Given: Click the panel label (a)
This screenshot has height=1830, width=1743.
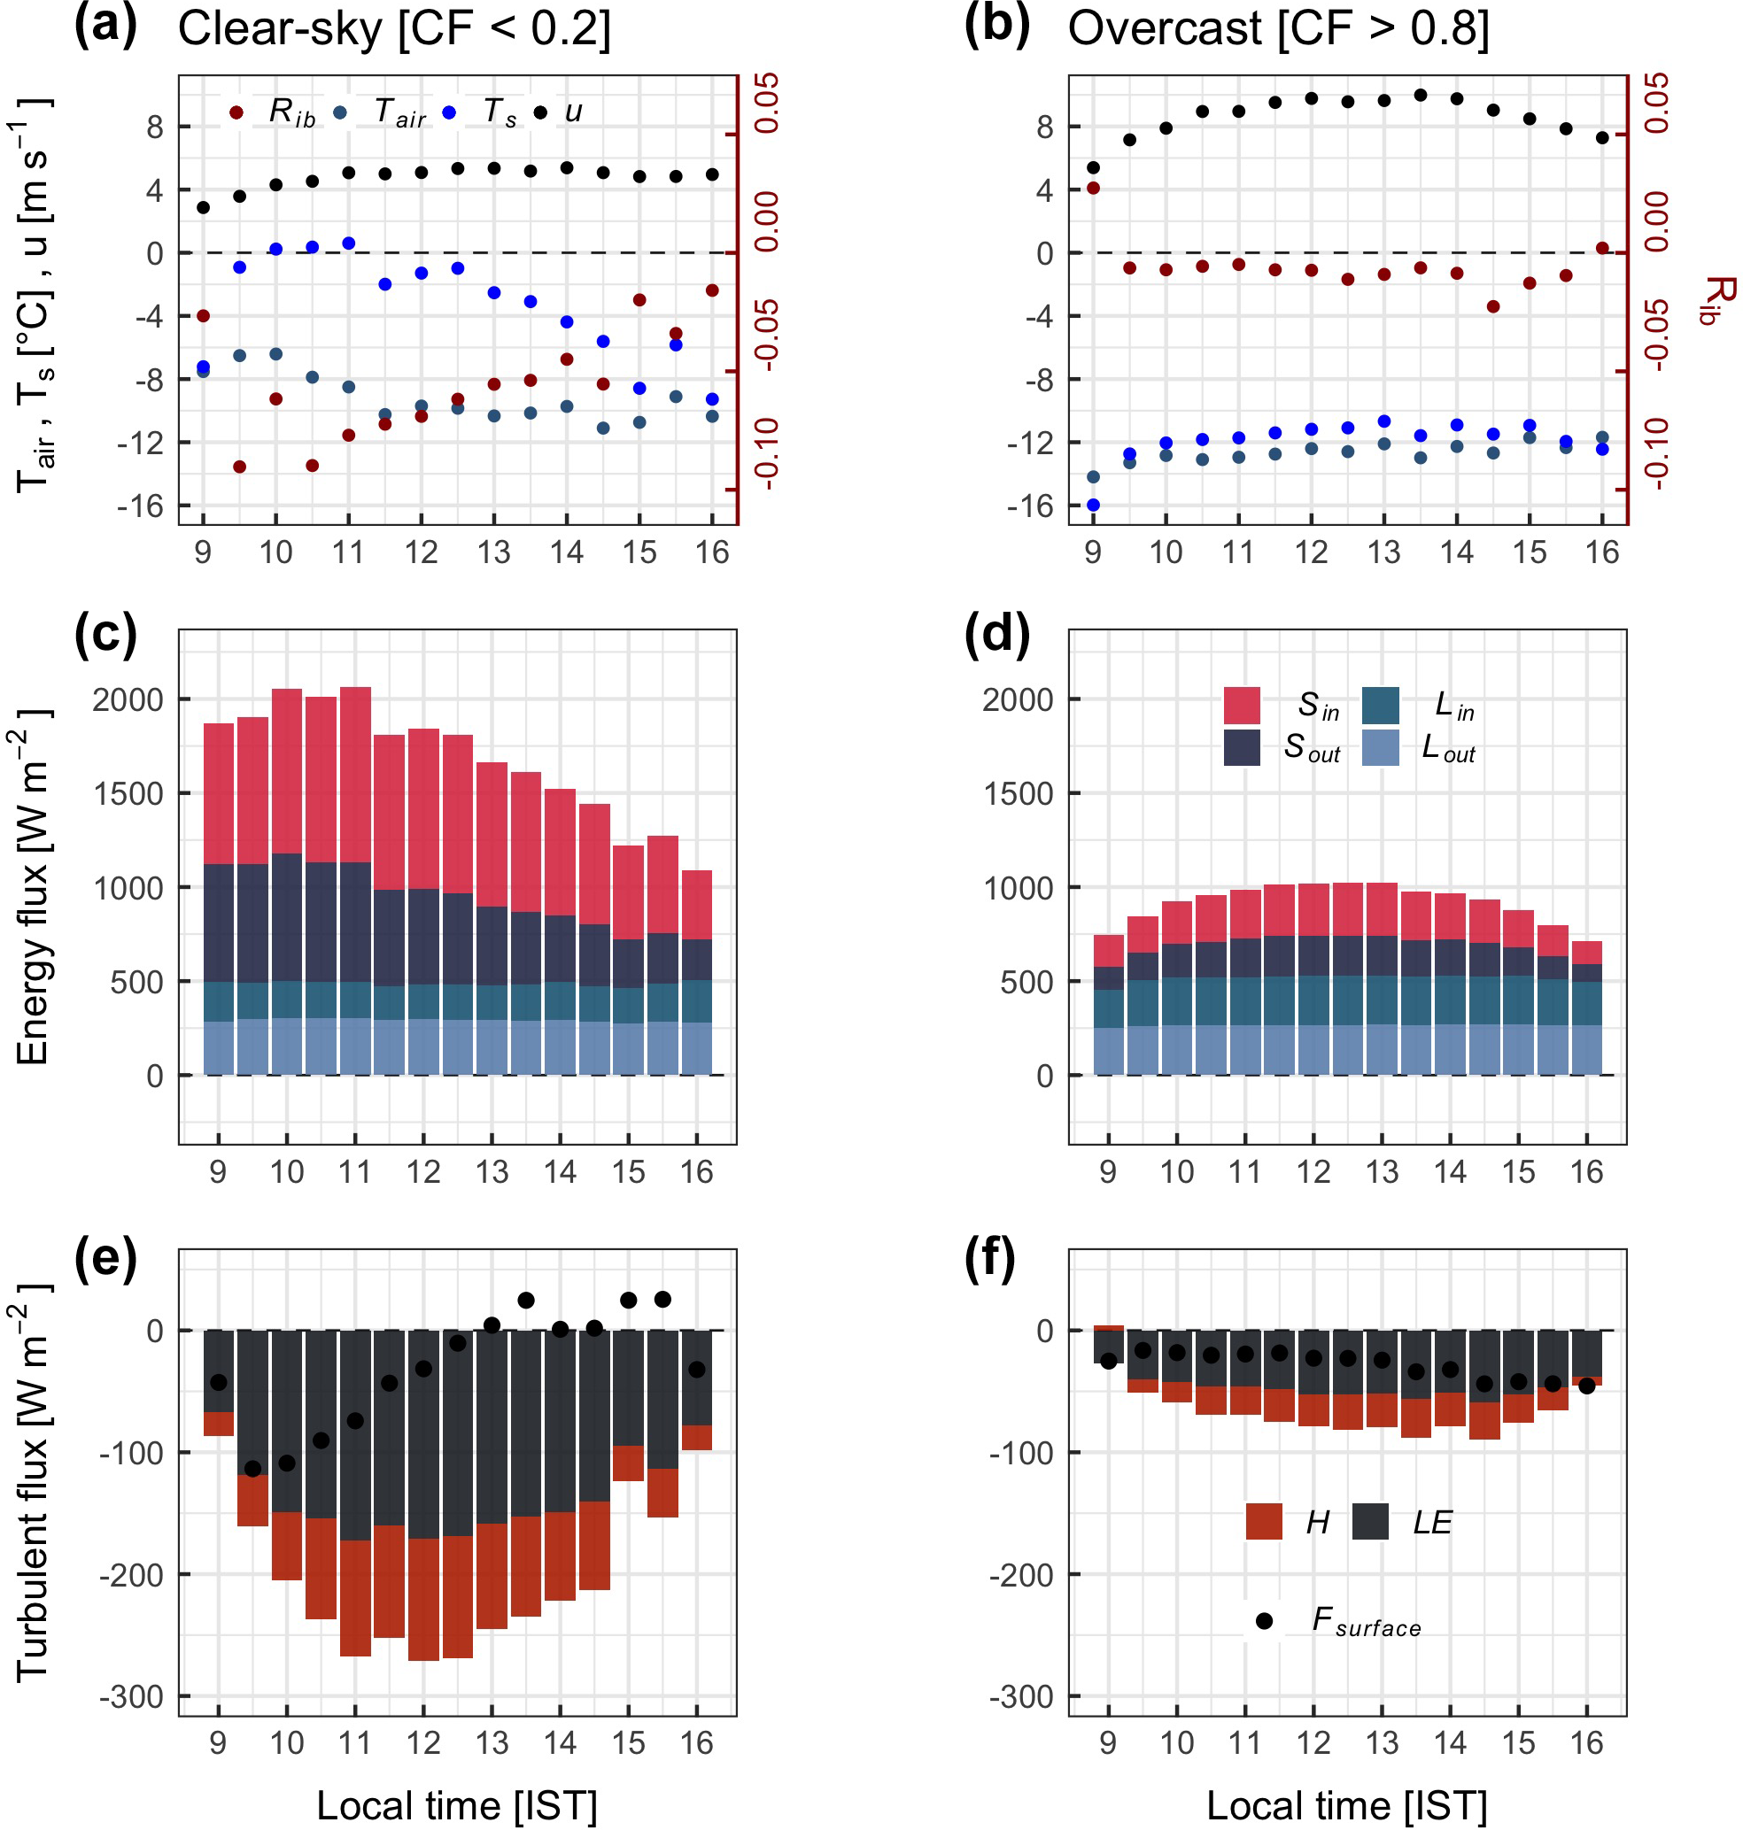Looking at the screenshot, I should pos(105,25).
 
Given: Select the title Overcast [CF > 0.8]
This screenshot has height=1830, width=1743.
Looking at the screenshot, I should pos(1277,27).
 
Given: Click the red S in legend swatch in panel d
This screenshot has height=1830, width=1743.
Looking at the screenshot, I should pos(1242,705).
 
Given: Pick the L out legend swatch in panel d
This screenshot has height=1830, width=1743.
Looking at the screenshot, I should pos(1380,747).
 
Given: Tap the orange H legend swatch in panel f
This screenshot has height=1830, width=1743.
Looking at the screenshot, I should pos(1264,1522).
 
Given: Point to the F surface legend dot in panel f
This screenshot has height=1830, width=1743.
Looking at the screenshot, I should pos(1264,1621).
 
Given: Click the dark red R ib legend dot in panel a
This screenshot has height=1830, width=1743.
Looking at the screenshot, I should pos(236,112).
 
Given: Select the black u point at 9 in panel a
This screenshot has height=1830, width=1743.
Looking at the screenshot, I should pos(204,207).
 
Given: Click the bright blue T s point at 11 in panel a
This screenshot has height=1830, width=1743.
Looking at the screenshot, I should pos(348,243).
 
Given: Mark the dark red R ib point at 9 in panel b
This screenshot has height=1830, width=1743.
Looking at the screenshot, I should pos(1093,188).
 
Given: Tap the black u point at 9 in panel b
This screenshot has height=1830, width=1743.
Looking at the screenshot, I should pos(1093,167).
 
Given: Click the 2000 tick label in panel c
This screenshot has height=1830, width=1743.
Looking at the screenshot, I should pos(128,699).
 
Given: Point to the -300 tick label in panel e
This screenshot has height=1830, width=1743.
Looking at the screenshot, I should pos(131,1697).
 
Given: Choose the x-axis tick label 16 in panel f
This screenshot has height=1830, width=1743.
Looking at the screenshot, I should pos(1587,1742).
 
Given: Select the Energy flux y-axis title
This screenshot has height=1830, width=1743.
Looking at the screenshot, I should pos(34,887).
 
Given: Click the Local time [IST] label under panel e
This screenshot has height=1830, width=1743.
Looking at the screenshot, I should pos(456,1806).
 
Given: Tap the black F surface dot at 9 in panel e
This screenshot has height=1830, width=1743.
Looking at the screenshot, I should pos(219,1382).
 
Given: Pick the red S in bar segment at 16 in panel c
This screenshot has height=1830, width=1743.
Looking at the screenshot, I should pos(697,905).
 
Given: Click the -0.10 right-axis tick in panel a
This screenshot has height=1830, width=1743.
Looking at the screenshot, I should pos(766,453).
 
